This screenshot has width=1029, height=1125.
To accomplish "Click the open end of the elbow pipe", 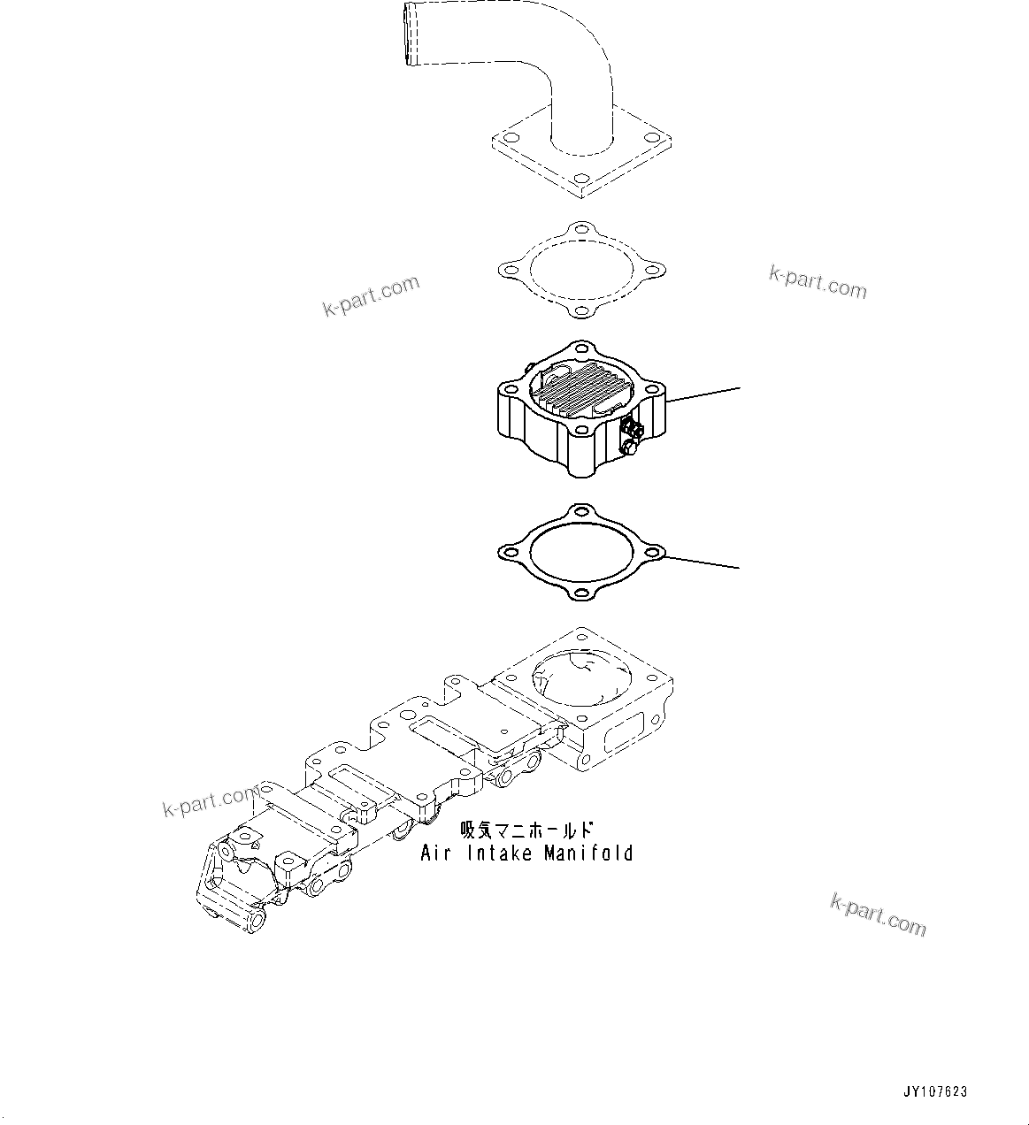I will point(409,33).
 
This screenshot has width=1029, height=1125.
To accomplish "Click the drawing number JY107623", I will point(936,1091).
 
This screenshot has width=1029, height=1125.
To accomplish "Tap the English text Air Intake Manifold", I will point(526,853).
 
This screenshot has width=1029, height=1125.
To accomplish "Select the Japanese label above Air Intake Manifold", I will point(526,830).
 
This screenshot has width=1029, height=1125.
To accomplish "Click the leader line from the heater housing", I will point(703,394).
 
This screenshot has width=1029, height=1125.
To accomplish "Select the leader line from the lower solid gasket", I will point(703,562).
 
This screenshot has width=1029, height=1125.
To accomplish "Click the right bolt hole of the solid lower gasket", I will point(654,553).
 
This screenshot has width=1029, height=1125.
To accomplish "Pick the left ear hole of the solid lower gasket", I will point(507,553).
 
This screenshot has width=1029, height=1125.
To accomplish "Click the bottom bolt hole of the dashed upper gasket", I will point(580,310).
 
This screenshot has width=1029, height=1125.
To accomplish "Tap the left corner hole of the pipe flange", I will point(509,138).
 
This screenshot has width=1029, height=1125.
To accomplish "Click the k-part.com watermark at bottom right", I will point(878,915).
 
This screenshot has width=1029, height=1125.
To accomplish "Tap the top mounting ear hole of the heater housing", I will point(580,348).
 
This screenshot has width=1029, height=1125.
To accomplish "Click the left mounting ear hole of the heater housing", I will point(509,390).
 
